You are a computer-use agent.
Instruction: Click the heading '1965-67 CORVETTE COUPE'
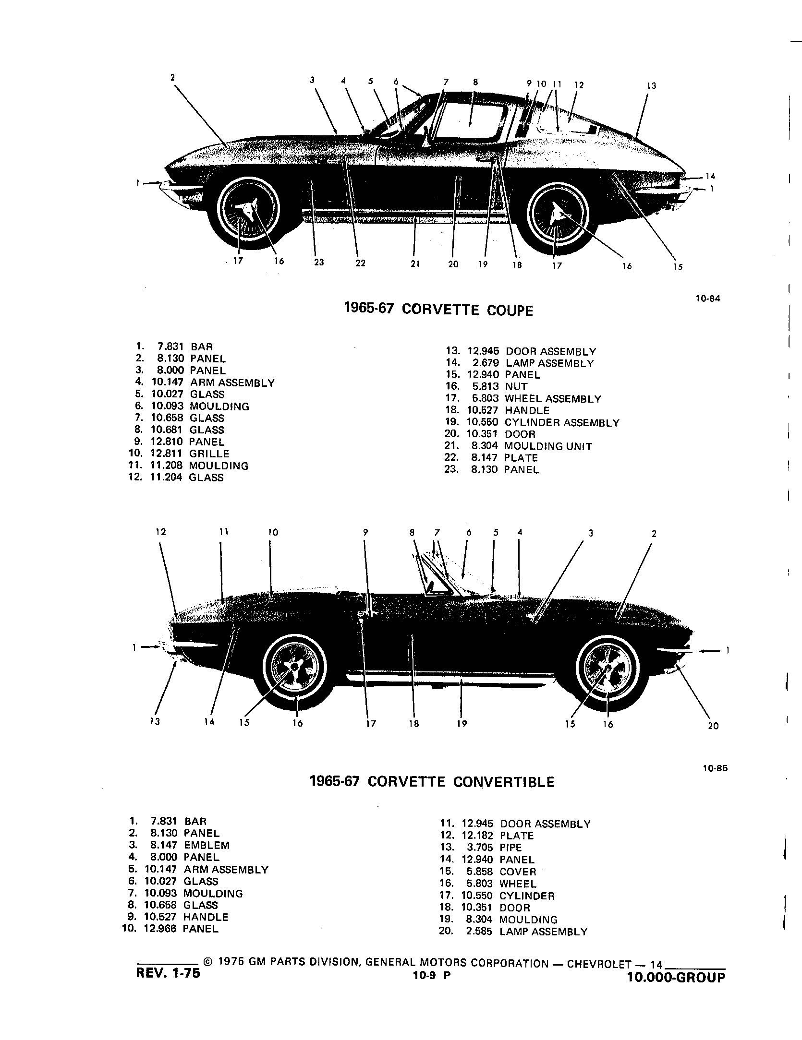tap(438, 310)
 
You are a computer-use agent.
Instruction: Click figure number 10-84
tap(708, 299)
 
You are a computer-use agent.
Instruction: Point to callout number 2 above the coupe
tap(172, 77)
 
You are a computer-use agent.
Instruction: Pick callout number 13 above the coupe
tap(651, 86)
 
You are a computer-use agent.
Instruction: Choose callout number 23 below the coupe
tap(319, 262)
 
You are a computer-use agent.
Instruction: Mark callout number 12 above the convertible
tap(161, 532)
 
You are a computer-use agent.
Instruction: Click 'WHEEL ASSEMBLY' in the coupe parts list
tap(553, 399)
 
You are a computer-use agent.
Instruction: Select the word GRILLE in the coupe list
tap(209, 454)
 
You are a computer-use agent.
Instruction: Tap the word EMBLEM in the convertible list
tap(207, 845)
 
